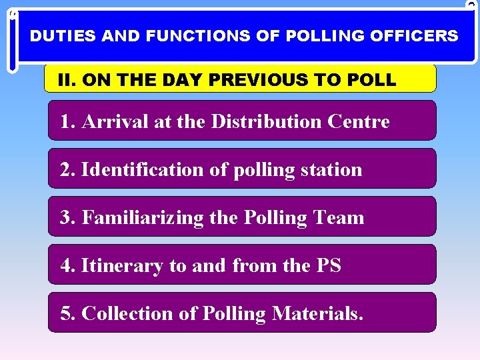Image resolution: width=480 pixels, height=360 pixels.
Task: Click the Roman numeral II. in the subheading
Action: [x=66, y=80]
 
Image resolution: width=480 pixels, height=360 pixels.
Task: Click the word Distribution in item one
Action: [x=265, y=121]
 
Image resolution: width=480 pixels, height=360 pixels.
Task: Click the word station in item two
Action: [x=331, y=169]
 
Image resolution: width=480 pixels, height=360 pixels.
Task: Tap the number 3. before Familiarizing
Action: [x=67, y=217]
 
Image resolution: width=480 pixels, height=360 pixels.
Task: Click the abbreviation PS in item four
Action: [x=328, y=265]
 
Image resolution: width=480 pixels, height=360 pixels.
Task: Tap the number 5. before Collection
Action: [x=67, y=313]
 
